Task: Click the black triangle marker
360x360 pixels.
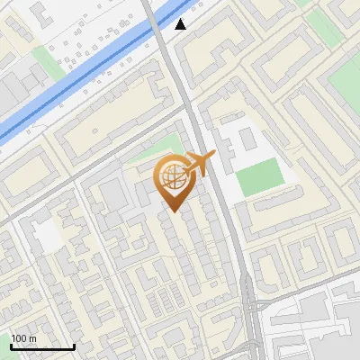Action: click(x=182, y=23)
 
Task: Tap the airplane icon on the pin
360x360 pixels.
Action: click(x=201, y=164)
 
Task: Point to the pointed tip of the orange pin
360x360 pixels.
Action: click(x=172, y=211)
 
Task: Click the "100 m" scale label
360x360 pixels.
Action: click(x=24, y=338)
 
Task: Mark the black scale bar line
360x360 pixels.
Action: click(x=42, y=346)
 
